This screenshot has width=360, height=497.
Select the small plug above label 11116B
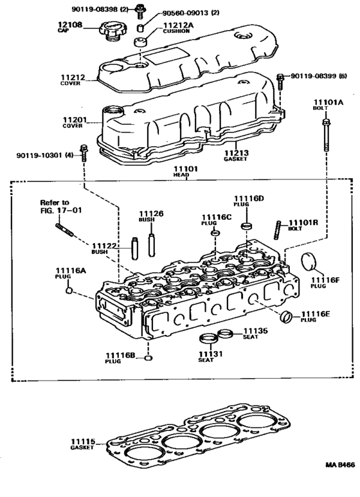[x=148, y=358]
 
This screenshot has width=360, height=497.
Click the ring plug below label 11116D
[x=246, y=226]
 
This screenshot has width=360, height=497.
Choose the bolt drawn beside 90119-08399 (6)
[x=280, y=80]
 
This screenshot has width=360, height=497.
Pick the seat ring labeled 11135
[x=224, y=333]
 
